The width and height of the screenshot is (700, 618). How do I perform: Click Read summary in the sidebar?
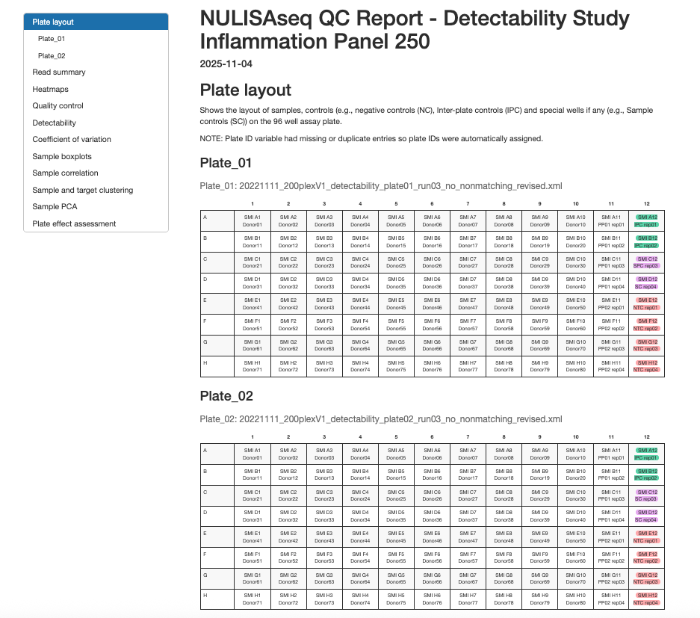[x=59, y=72]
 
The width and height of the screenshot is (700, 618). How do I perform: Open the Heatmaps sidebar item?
[x=51, y=90]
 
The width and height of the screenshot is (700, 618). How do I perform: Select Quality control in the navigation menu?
[x=58, y=106]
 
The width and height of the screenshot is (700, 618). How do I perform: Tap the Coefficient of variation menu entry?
[x=72, y=140]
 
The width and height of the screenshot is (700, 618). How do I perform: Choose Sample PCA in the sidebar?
[x=55, y=207]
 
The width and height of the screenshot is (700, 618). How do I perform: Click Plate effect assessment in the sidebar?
[x=74, y=223]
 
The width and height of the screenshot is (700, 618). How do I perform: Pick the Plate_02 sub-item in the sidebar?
[x=52, y=56]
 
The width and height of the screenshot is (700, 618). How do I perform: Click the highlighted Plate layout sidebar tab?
[x=53, y=22]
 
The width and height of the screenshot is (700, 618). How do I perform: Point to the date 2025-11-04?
[x=226, y=64]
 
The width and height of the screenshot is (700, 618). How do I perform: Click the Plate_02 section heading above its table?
[x=226, y=396]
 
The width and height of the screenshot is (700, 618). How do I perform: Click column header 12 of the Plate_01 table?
[x=646, y=203]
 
